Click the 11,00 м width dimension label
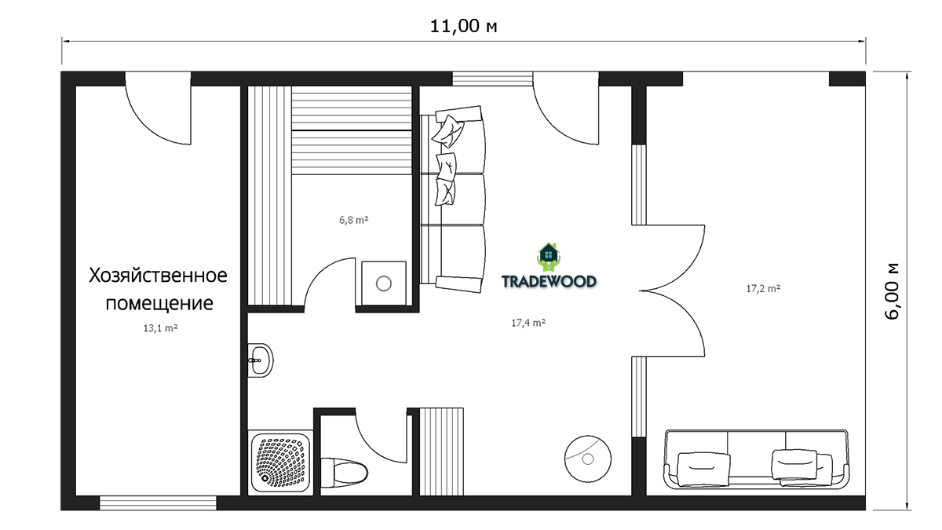(463, 26)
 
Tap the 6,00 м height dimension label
(892, 291)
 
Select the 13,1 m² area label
(160, 328)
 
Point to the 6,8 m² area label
(354, 220)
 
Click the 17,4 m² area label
(528, 323)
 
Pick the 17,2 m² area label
(763, 289)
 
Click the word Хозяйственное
(158, 276)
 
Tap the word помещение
(159, 303)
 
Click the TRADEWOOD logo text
(549, 281)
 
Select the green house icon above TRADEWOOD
(549, 257)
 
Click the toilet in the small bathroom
(344, 470)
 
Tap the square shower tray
(280, 462)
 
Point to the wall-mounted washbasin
(260, 360)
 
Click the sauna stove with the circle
(384, 283)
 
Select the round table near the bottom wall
(588, 459)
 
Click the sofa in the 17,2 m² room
(756, 459)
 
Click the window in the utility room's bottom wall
(158, 503)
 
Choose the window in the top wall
(492, 79)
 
